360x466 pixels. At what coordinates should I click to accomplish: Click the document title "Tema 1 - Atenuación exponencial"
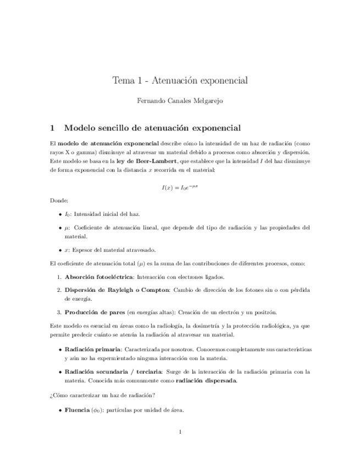pyautogui.click(x=180, y=80)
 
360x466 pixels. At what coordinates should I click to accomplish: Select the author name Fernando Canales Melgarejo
pyautogui.click(x=180, y=101)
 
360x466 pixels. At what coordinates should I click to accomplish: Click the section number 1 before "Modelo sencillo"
pyautogui.click(x=52, y=128)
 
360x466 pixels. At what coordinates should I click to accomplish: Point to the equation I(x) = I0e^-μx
pyautogui.click(x=180, y=187)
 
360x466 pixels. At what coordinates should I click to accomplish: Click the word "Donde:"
pyautogui.click(x=59, y=201)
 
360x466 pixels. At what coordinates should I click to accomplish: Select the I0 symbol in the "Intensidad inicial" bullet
pyautogui.click(x=68, y=214)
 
